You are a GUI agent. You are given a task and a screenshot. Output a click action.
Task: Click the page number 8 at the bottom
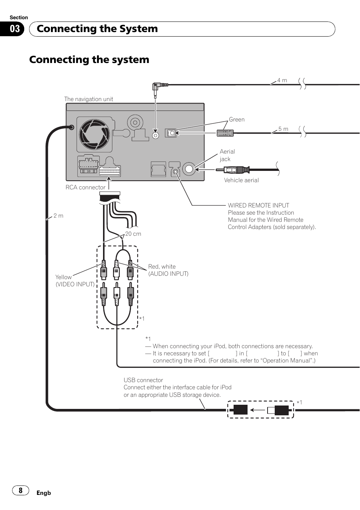[21, 490]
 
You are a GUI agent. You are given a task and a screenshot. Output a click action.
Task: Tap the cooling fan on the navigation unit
[94, 134]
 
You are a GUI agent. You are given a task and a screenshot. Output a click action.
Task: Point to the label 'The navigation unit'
[89, 99]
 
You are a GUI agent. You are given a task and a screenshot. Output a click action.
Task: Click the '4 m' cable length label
[282, 80]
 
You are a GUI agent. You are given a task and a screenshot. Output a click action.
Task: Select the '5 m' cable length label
[283, 129]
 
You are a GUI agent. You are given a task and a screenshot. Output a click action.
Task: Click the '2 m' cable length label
[58, 216]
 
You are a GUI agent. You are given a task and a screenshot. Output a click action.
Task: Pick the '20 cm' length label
[133, 234]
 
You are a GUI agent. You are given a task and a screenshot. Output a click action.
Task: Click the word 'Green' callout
[237, 120]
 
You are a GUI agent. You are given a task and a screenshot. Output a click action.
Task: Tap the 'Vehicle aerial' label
[242, 180]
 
